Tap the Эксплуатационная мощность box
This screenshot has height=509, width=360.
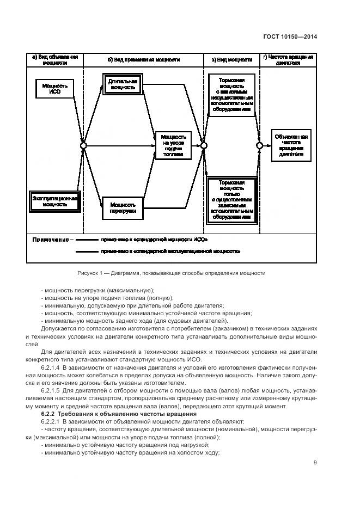54,201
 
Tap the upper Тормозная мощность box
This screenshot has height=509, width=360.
231,94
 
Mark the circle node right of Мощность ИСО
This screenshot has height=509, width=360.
83,145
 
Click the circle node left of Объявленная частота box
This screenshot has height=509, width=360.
260,145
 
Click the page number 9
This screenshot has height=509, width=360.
315,463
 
